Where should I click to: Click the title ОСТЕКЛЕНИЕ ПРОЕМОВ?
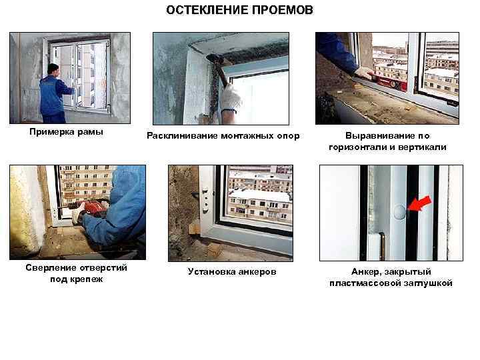[239, 11]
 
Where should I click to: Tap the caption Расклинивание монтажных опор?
[223, 137]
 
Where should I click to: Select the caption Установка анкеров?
[232, 271]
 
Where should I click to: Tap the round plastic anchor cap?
[399, 212]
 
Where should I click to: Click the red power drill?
[91, 211]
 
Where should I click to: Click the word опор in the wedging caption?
[289, 137]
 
